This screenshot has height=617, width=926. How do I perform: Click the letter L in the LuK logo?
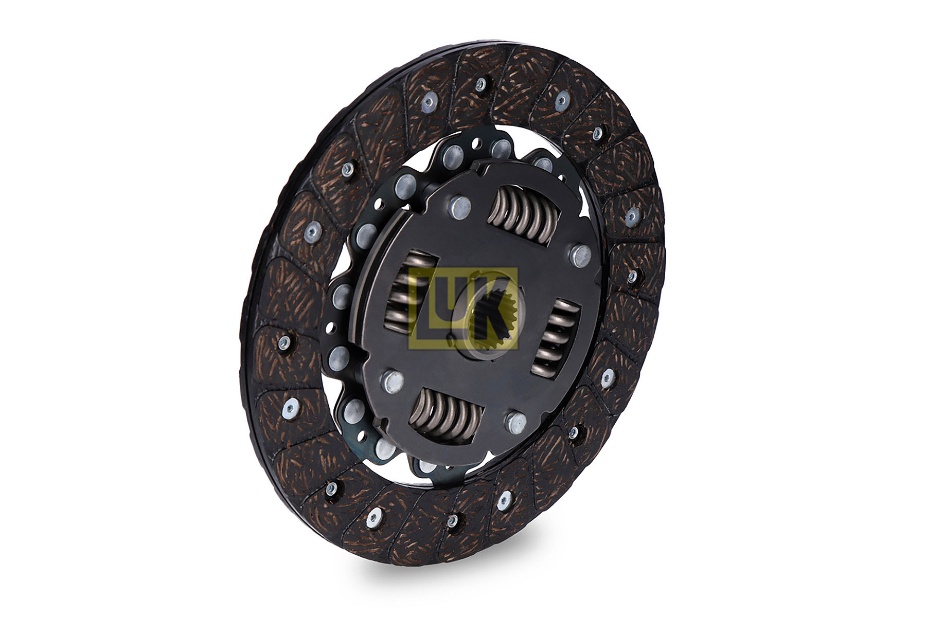tap(423, 309)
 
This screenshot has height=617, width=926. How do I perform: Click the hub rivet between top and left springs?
tap(460, 207)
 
